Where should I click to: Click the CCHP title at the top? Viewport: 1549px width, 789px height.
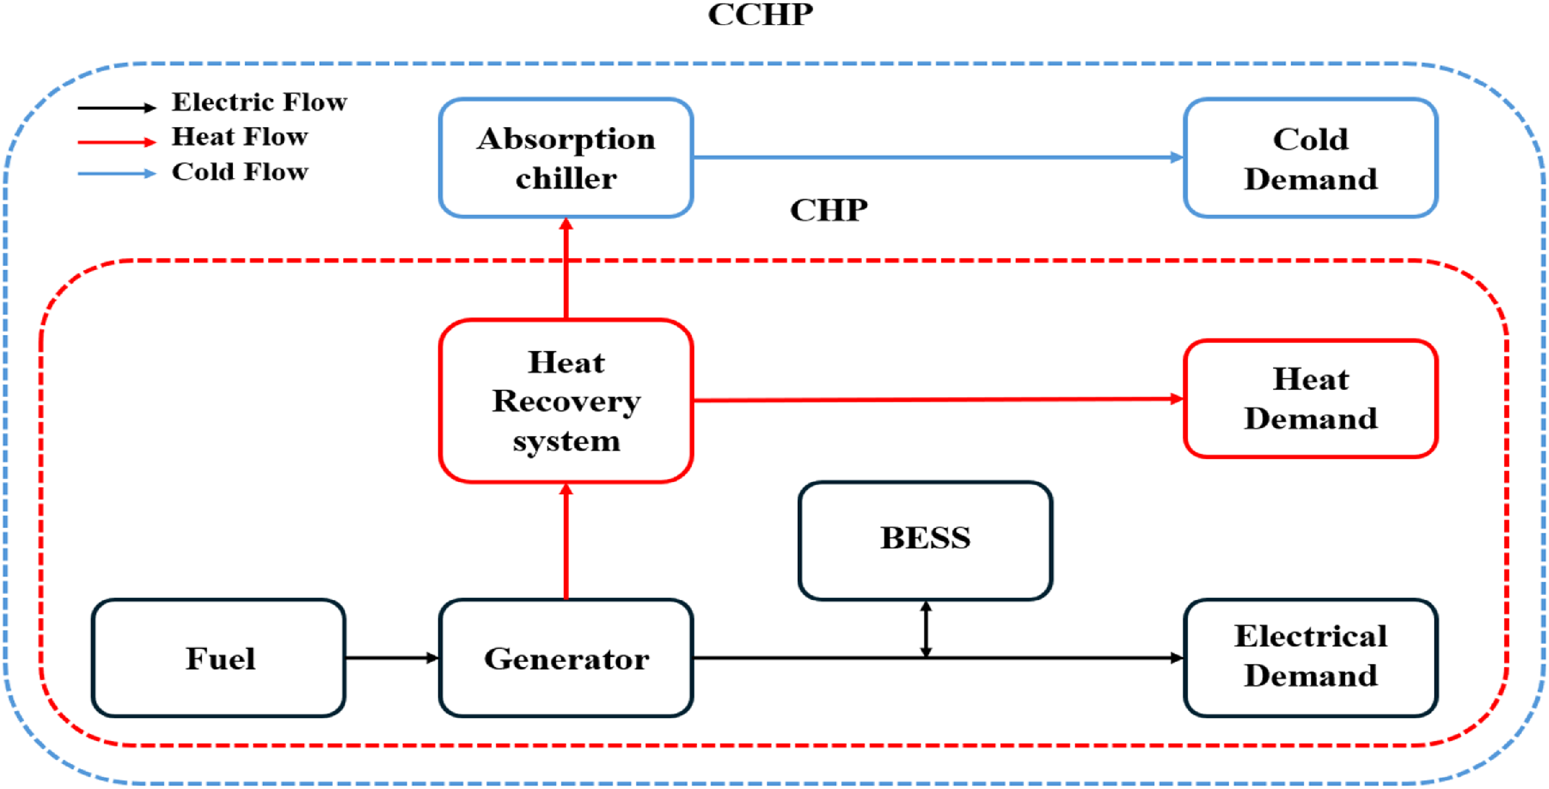click(x=760, y=14)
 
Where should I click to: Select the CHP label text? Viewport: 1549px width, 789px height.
click(x=829, y=211)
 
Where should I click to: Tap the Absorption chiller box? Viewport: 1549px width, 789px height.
click(x=566, y=157)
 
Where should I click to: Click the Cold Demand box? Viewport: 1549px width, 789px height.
click(x=1311, y=157)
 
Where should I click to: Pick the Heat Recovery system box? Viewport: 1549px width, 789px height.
click(x=566, y=401)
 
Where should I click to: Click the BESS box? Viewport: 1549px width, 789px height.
click(x=925, y=541)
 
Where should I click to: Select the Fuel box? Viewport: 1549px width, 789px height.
click(x=218, y=658)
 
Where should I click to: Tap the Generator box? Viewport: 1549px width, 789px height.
click(x=566, y=658)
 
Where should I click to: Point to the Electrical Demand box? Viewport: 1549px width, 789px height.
click(x=1311, y=658)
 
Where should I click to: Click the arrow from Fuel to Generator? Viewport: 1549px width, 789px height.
click(x=392, y=658)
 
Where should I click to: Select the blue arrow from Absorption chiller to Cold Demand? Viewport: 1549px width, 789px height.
click(x=938, y=157)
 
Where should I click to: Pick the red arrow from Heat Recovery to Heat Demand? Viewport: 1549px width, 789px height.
click(x=938, y=399)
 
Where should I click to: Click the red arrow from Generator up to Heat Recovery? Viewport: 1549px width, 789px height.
click(x=566, y=541)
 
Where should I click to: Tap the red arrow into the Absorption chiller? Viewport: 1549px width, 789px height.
click(x=566, y=268)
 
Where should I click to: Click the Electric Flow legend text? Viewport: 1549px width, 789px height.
click(x=259, y=102)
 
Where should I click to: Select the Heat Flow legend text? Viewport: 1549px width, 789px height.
click(x=240, y=136)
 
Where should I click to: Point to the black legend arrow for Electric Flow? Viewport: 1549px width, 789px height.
click(x=117, y=108)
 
